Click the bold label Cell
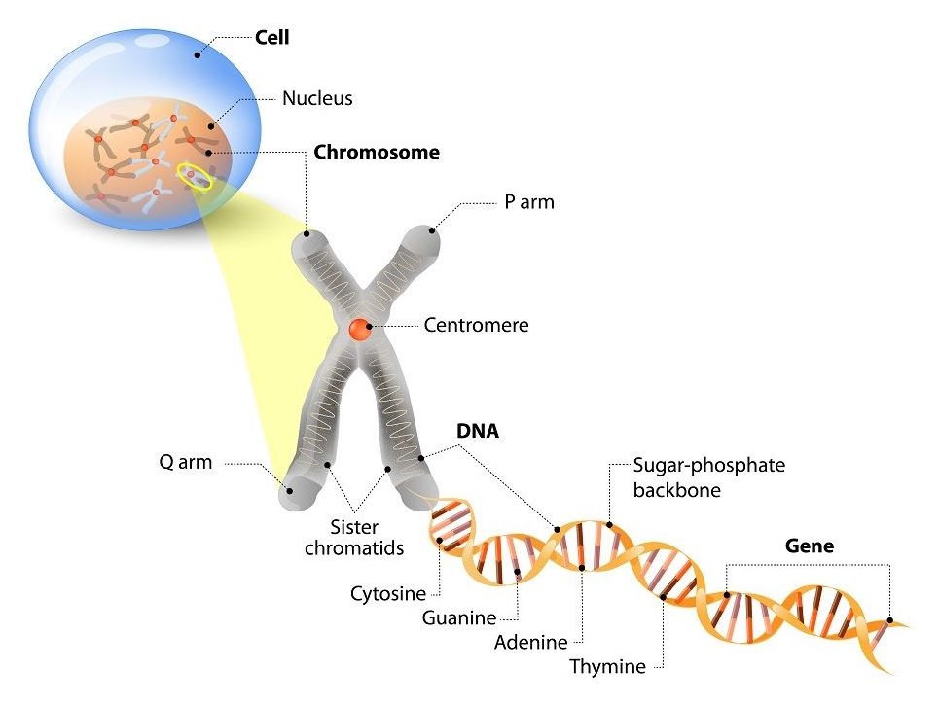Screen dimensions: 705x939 [271, 39]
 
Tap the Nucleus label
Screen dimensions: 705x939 [317, 98]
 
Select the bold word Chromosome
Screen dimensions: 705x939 [376, 153]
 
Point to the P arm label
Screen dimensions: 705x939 [529, 203]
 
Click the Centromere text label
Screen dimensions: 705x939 [476, 326]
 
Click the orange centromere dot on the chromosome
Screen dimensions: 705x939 [360, 329]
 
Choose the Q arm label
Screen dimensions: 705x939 [185, 462]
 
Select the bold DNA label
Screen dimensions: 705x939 [478, 431]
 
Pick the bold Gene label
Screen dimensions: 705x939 [809, 546]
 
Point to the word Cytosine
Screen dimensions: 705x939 [388, 593]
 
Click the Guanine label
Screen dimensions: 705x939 [459, 617]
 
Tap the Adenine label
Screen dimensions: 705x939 [531, 642]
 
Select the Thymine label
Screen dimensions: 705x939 [607, 667]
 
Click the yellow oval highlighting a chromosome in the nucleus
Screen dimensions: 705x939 [195, 176]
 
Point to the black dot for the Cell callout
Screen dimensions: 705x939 [198, 54]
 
